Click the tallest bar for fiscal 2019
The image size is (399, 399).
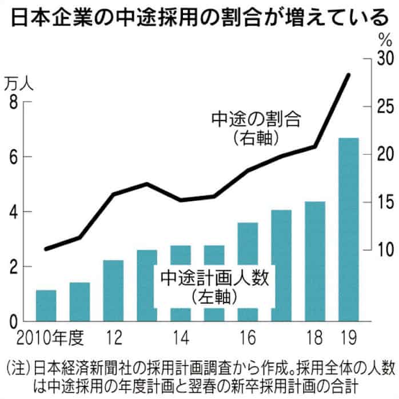348,229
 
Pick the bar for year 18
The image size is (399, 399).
314,261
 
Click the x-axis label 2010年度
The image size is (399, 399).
42,337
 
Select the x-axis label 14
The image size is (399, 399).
180,337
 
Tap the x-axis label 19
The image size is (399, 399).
348,337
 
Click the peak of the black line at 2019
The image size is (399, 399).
348,75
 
